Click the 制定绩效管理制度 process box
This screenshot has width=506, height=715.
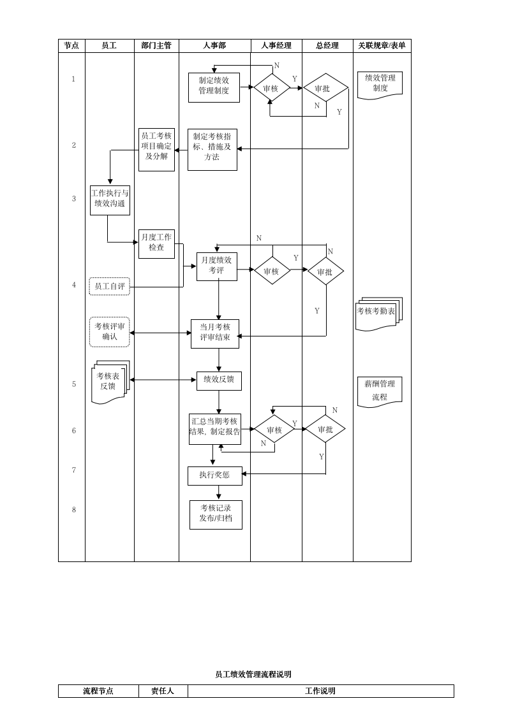214,87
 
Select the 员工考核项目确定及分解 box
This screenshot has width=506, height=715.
156,150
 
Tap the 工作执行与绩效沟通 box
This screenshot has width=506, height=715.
110,200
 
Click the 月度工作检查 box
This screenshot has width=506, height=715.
156,243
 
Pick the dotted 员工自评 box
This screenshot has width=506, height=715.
110,287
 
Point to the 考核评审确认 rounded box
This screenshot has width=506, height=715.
110,332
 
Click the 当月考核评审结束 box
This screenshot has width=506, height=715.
215,334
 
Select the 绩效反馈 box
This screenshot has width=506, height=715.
219,381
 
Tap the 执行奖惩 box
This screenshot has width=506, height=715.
214,475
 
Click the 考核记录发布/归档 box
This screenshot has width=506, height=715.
216,514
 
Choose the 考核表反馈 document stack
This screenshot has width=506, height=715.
109,382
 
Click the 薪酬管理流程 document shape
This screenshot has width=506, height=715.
380,390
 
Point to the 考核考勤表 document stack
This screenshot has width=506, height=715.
376,314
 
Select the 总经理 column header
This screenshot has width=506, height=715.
327,46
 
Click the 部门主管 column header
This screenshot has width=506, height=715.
156,46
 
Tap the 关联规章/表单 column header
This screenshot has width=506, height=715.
382,46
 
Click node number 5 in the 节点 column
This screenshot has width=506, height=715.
74,384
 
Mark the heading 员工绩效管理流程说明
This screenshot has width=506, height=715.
253,674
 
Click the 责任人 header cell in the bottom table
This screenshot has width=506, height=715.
163,691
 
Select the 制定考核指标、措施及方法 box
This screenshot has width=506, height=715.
212,150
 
